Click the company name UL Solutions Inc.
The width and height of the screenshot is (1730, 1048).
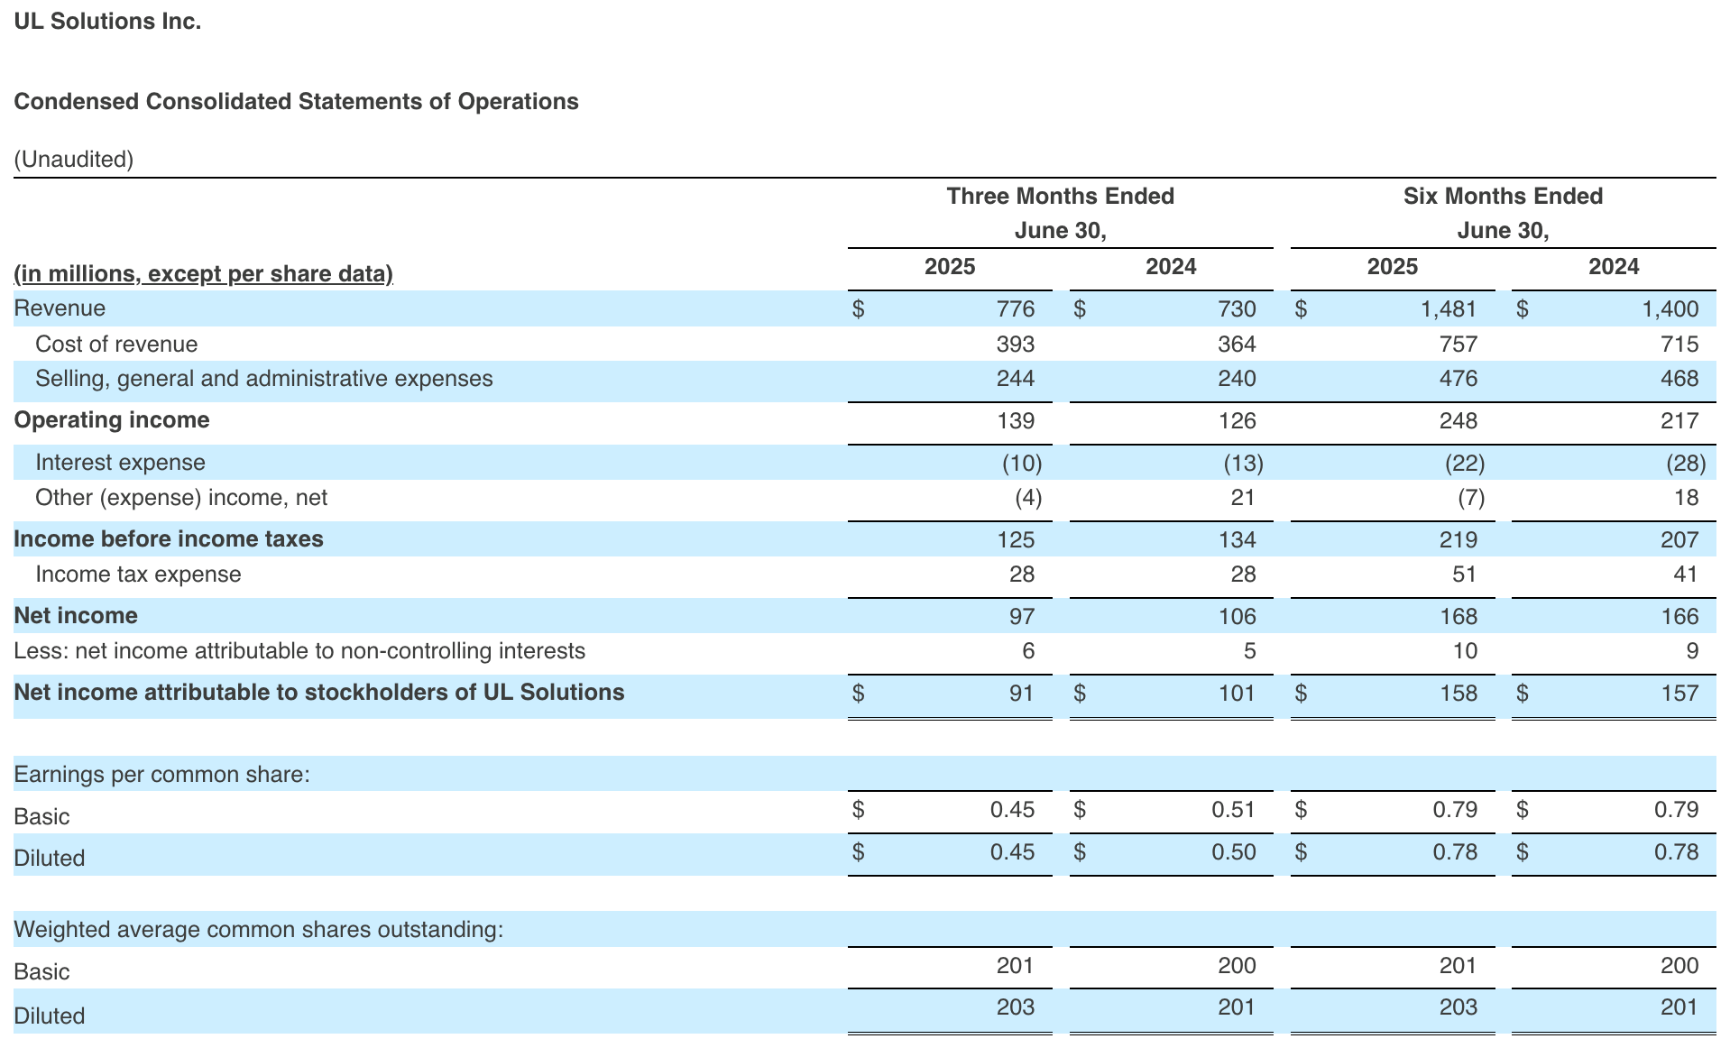[x=107, y=22]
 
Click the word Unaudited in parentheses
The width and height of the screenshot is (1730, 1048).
[x=73, y=160]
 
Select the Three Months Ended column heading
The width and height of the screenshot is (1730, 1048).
[x=1060, y=197]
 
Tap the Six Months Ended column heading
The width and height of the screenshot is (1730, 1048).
[x=1503, y=197]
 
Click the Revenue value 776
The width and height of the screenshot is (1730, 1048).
[x=1015, y=309]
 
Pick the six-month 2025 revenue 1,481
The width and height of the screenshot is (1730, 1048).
[x=1449, y=309]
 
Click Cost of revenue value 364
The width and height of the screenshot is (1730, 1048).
[x=1237, y=345]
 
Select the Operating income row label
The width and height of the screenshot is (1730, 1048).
[x=112, y=420]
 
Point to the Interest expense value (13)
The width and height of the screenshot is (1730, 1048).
[x=1243, y=464]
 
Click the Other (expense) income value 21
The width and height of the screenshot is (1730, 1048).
[x=1243, y=498]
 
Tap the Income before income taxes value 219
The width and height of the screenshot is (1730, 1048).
[x=1458, y=540]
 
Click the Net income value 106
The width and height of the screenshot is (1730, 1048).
[x=1237, y=617]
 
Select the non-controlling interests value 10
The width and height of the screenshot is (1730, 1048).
[x=1465, y=651]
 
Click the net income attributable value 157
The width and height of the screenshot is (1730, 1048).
[x=1679, y=694]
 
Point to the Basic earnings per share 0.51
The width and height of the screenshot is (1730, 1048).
[x=1233, y=810]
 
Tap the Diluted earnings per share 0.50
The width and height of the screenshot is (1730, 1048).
[x=1233, y=852]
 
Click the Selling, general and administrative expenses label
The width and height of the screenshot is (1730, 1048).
[x=263, y=379]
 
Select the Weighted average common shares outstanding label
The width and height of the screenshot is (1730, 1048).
[x=258, y=930]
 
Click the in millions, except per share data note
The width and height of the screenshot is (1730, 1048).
[x=203, y=274]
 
